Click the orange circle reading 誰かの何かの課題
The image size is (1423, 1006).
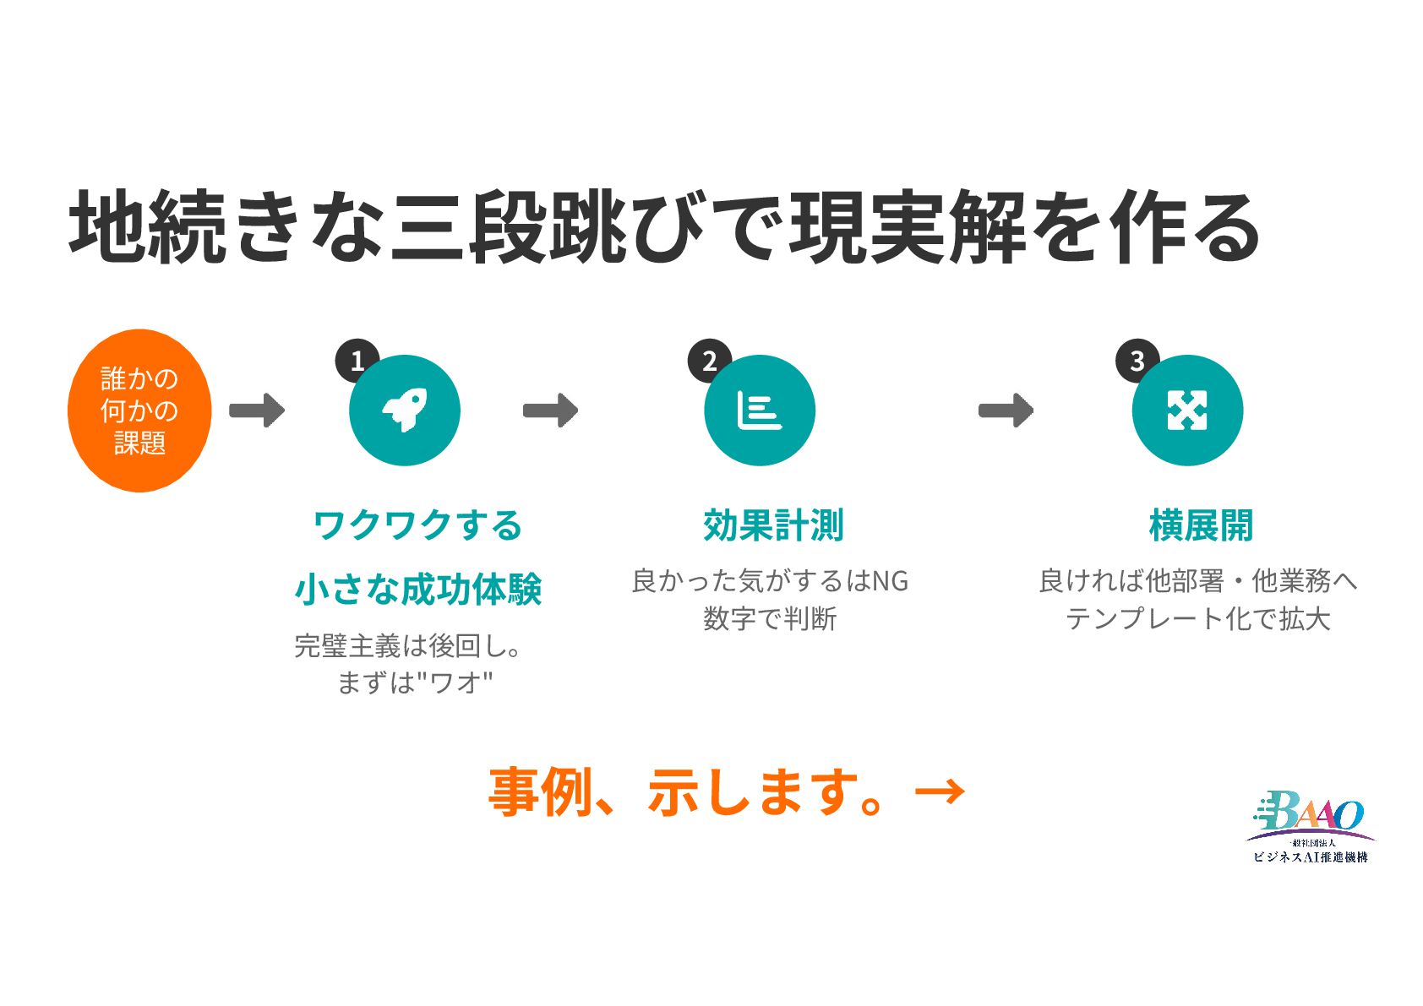(139, 411)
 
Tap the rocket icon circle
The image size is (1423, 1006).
(404, 411)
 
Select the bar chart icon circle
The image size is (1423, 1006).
(759, 411)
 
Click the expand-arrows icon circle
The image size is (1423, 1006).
(1187, 411)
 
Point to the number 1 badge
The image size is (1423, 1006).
(356, 361)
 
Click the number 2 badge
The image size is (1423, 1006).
(709, 361)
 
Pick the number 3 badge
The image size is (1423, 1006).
(1137, 361)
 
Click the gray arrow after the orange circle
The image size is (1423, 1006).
(257, 411)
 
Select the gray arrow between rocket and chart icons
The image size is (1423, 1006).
(550, 411)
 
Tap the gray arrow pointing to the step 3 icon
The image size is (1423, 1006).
(1006, 411)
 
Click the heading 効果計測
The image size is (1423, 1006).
(773, 525)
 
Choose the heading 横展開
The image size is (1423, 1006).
(1201, 525)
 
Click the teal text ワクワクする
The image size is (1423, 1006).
(417, 525)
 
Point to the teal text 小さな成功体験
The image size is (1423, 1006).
(418, 589)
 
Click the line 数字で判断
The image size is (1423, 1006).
(770, 619)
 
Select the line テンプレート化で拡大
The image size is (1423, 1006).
(1198, 619)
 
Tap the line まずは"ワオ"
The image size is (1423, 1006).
(414, 682)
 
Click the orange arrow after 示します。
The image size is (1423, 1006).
(940, 791)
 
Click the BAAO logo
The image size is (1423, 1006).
(1310, 828)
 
